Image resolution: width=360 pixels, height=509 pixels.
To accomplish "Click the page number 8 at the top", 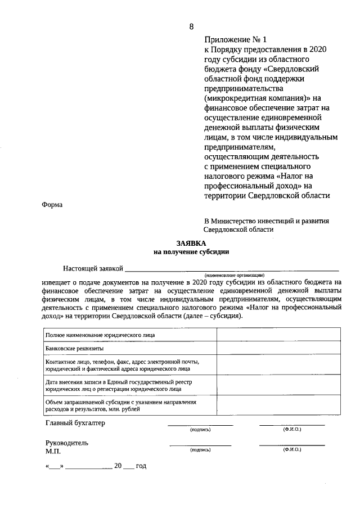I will pos(191,26).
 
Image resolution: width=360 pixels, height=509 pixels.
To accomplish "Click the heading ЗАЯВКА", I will pos(191,242).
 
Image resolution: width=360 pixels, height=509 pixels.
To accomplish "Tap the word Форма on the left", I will pos(52,205).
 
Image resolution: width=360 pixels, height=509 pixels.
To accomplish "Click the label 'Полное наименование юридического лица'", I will pos(100,335).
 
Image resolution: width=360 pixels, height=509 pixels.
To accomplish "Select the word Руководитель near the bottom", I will pos(67,443).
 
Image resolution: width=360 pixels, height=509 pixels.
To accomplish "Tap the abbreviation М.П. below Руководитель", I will pos(53,451).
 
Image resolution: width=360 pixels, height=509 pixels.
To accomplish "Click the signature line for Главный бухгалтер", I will pos(200,424).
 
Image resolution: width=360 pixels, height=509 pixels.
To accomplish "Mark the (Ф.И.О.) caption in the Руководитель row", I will pos(292,450).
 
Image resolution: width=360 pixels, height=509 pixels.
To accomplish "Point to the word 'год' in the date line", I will pos(141,466).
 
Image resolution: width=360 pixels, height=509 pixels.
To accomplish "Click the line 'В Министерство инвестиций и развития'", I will pos(266,221).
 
